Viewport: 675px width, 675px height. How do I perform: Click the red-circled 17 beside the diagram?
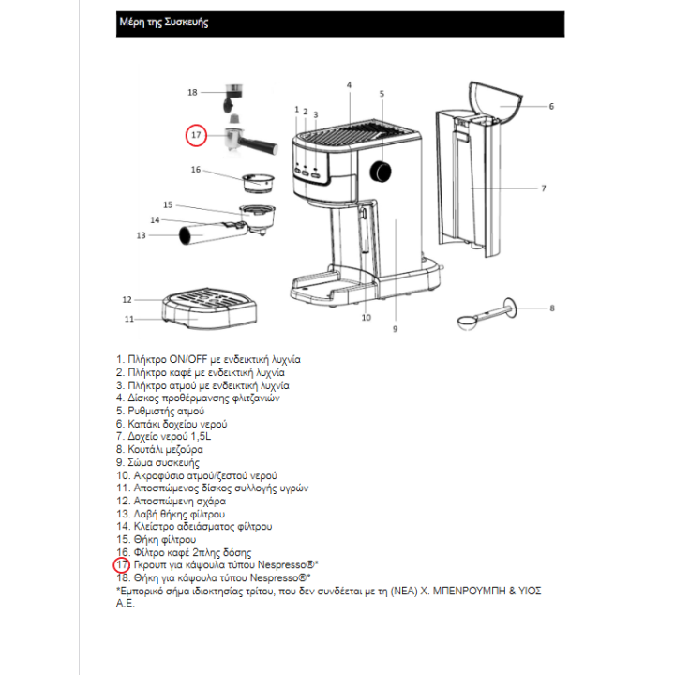(196, 135)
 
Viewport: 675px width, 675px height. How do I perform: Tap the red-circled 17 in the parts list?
(121, 565)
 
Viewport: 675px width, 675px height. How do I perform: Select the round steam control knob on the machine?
(382, 171)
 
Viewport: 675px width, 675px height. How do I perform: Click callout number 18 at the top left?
(192, 92)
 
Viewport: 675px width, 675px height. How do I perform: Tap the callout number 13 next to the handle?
(142, 235)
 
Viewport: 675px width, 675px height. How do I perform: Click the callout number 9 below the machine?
(395, 329)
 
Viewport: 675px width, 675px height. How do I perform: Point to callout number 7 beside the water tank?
(543, 188)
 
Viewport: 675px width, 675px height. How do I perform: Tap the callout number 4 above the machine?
(349, 85)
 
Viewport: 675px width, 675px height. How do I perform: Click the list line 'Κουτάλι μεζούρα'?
(158, 449)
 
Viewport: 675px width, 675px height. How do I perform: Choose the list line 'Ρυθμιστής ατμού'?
(159, 411)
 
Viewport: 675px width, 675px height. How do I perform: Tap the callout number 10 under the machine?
(367, 318)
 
